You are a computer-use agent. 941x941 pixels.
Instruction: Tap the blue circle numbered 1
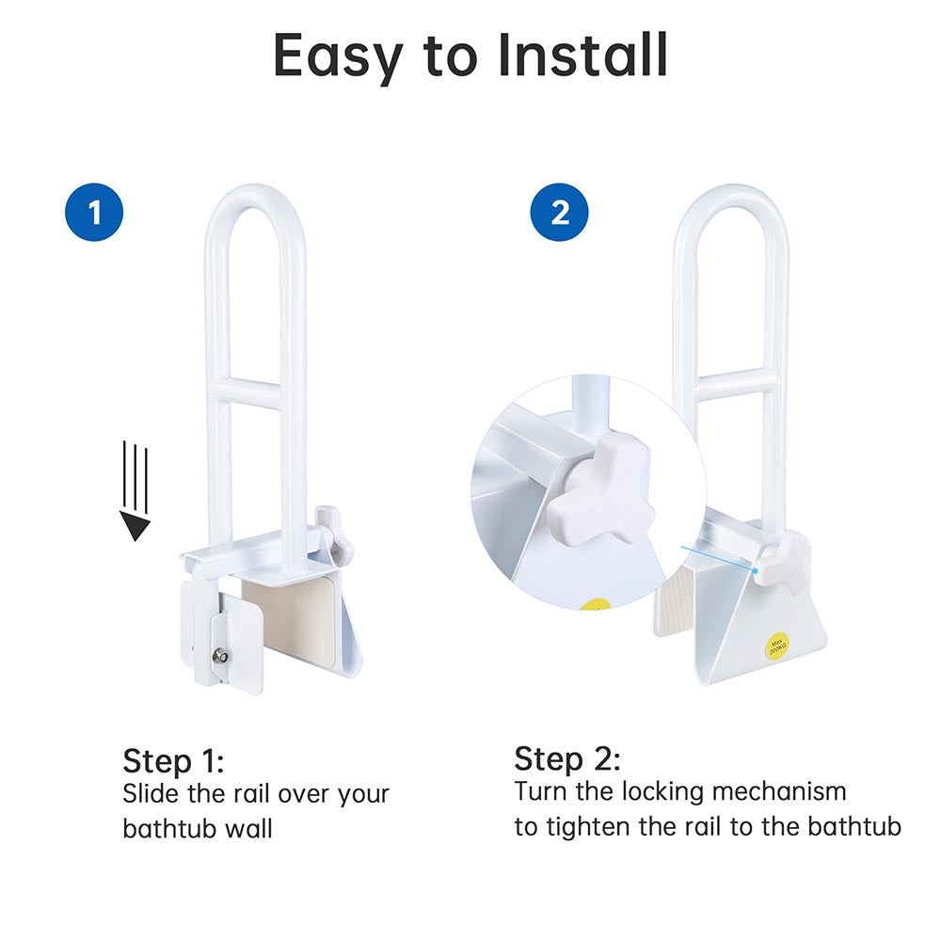(x=94, y=213)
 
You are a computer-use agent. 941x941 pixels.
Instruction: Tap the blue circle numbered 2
(x=560, y=213)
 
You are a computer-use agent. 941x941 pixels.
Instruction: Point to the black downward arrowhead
(x=136, y=526)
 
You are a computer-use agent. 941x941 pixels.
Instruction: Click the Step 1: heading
(x=173, y=760)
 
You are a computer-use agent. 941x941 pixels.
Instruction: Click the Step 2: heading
(x=566, y=758)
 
